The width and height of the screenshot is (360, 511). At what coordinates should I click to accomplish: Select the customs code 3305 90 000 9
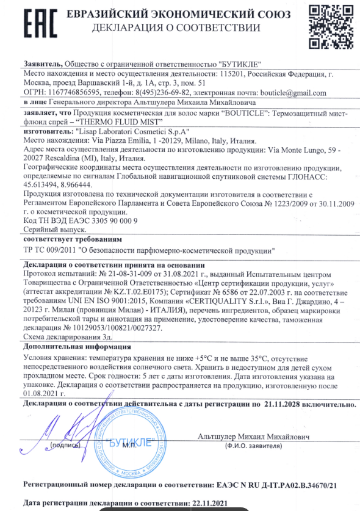[103, 220]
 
